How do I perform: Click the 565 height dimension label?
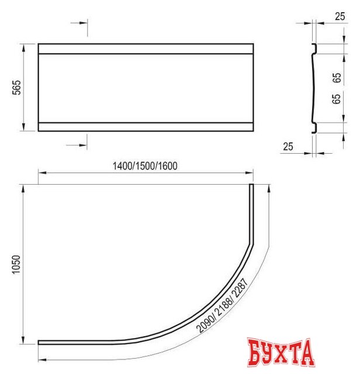[17, 87]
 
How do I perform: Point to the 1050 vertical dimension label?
[17, 264]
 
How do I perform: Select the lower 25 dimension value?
[287, 146]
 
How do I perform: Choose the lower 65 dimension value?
[336, 98]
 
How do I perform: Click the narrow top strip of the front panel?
[146, 49]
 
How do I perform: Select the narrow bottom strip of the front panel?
[146, 126]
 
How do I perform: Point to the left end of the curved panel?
[41, 342]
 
